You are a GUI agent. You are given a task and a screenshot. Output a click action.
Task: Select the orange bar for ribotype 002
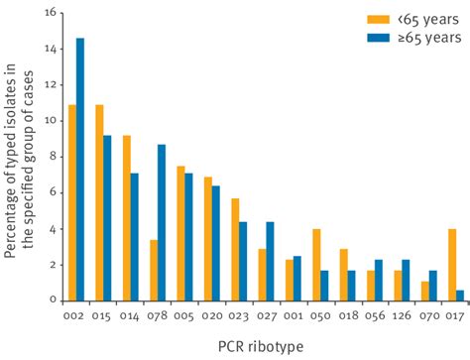pos(71,202)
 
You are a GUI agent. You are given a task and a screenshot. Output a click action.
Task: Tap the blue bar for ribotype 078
pos(162,222)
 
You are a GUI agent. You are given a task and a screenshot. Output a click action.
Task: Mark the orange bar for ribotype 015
pos(98,202)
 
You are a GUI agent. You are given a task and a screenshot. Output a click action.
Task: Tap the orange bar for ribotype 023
pos(234,249)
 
